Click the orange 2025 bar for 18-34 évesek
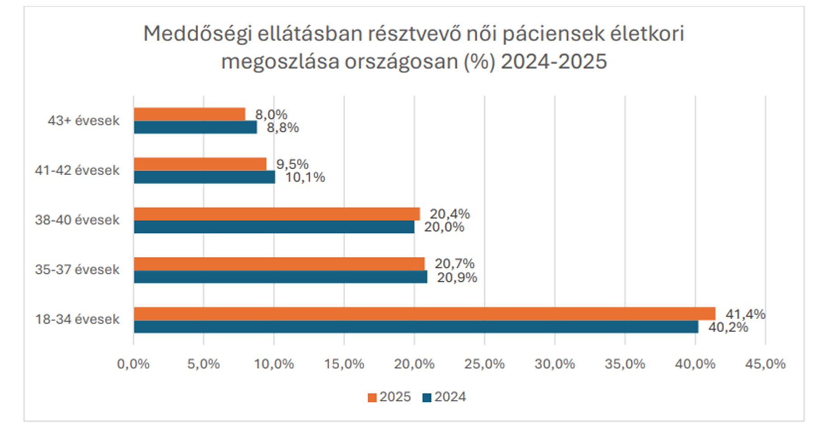point(425,314)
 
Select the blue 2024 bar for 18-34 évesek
point(416,327)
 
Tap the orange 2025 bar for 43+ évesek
point(190,114)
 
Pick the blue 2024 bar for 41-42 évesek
point(205,177)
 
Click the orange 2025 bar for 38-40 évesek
point(277,214)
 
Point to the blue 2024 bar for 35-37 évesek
point(281,277)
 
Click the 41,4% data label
point(746,314)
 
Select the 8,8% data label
point(283,128)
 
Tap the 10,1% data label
point(305,177)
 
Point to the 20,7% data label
point(455,263)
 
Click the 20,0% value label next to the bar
point(444,227)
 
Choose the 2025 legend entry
point(389,397)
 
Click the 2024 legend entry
point(444,397)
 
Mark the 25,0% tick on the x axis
point(484,364)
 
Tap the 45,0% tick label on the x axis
point(765,364)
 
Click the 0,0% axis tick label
point(133,364)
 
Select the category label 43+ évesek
point(84,121)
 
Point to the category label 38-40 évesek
point(77,220)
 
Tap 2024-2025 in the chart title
point(554,61)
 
